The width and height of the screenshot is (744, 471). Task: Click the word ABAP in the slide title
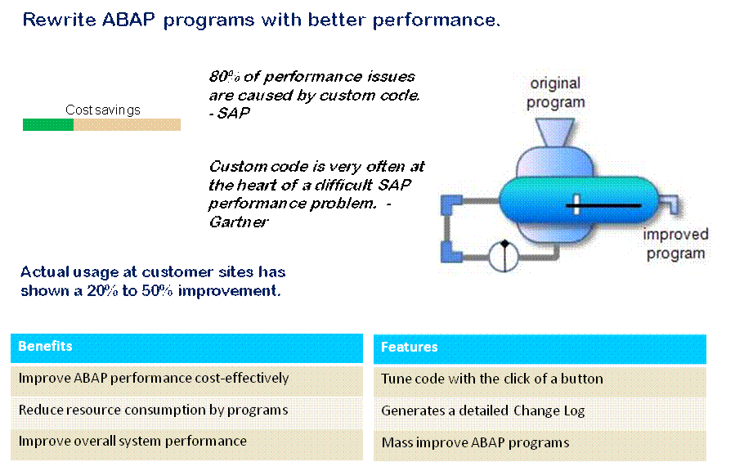tap(128, 20)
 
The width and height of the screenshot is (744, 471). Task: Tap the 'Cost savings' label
tap(103, 110)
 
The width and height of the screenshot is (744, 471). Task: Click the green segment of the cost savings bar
tap(48, 124)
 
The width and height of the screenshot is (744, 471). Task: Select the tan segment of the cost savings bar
tap(128, 124)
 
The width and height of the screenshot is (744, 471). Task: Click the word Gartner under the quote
tap(239, 222)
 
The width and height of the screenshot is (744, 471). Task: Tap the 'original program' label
tap(556, 92)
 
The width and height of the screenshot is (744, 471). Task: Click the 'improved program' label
tap(675, 244)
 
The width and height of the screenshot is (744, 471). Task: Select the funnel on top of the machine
tap(554, 132)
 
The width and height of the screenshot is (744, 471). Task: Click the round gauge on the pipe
tap(504, 257)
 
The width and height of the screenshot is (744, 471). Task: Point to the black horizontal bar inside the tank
tap(603, 205)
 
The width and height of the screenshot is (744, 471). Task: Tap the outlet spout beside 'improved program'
tap(669, 204)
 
